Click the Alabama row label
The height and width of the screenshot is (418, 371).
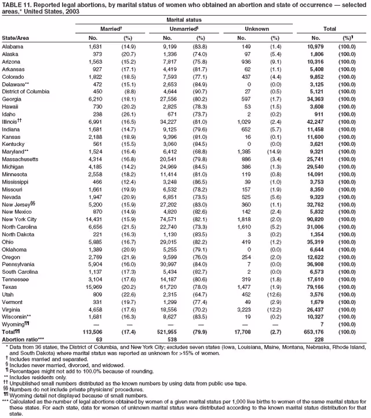tap(13, 46)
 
